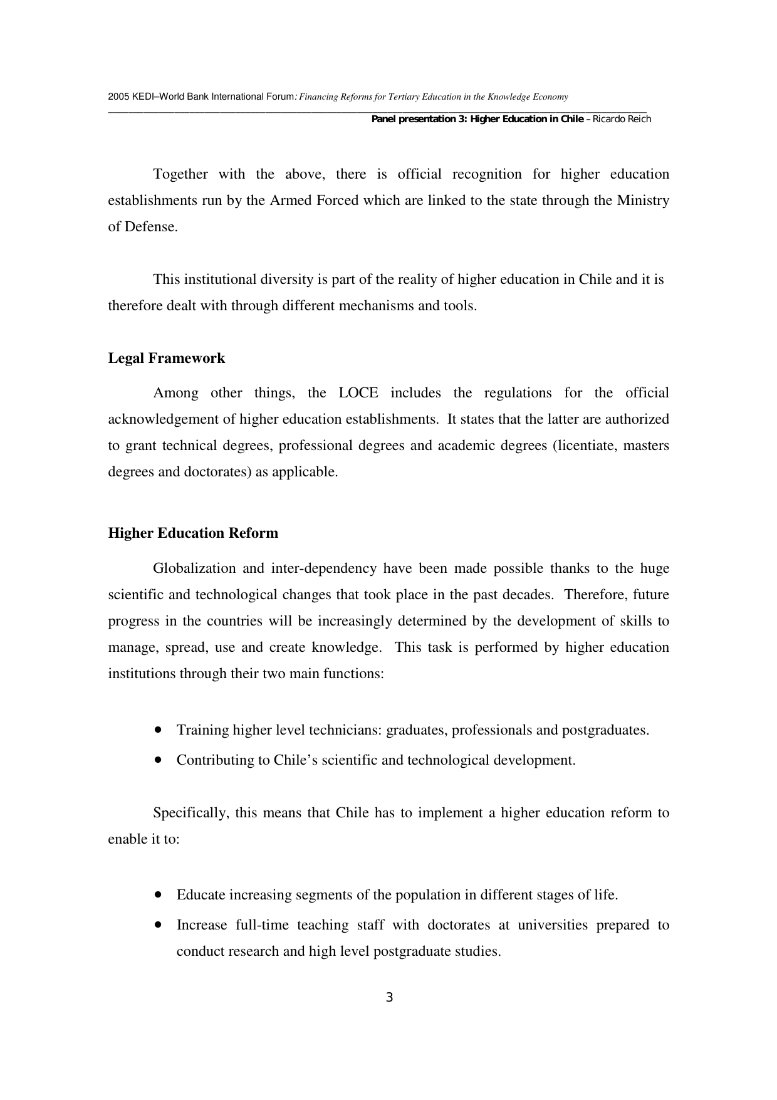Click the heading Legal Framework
pos(166,359)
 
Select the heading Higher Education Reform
pos(193,533)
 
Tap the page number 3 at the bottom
pos(389,998)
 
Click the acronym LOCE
pos(358,393)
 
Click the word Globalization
pos(194,568)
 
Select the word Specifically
pos(190,813)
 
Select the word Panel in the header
pos(383,119)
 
